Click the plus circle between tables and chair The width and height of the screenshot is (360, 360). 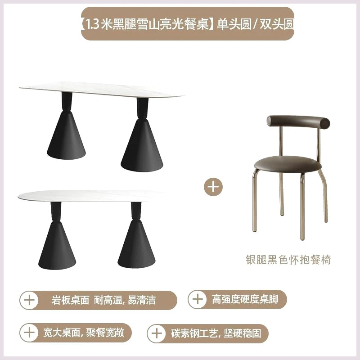[213, 187]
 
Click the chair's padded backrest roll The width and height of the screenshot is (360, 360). [298, 122]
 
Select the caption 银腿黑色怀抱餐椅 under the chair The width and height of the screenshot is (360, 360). [288, 260]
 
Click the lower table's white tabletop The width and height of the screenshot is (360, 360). [91, 196]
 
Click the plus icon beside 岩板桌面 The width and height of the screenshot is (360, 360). [29, 300]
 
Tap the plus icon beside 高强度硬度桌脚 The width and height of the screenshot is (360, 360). [198, 299]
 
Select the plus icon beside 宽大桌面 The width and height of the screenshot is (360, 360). [29, 333]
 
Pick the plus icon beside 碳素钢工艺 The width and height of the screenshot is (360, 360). [157, 333]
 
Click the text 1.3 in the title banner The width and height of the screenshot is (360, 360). [91, 24]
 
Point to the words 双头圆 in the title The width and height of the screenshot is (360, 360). [277, 24]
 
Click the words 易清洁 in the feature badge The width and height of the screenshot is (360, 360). [142, 300]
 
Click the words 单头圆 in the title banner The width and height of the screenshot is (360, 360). [234, 24]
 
